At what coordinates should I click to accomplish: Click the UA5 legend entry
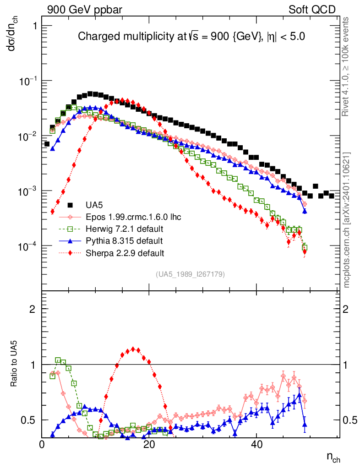coord(95,205)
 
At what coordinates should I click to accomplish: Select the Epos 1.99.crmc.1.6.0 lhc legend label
coord(133,217)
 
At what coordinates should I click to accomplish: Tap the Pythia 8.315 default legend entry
coord(124,240)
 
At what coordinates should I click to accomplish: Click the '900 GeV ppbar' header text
coord(85,10)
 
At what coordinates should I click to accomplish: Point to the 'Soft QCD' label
coord(312,10)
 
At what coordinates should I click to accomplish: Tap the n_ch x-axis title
coord(333,457)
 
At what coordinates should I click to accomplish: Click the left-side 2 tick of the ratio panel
coord(33,309)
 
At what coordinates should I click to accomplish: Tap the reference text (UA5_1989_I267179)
coord(190,274)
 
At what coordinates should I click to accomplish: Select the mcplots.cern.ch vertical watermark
coord(347,220)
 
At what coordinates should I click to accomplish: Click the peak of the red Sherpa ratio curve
coord(133,349)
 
